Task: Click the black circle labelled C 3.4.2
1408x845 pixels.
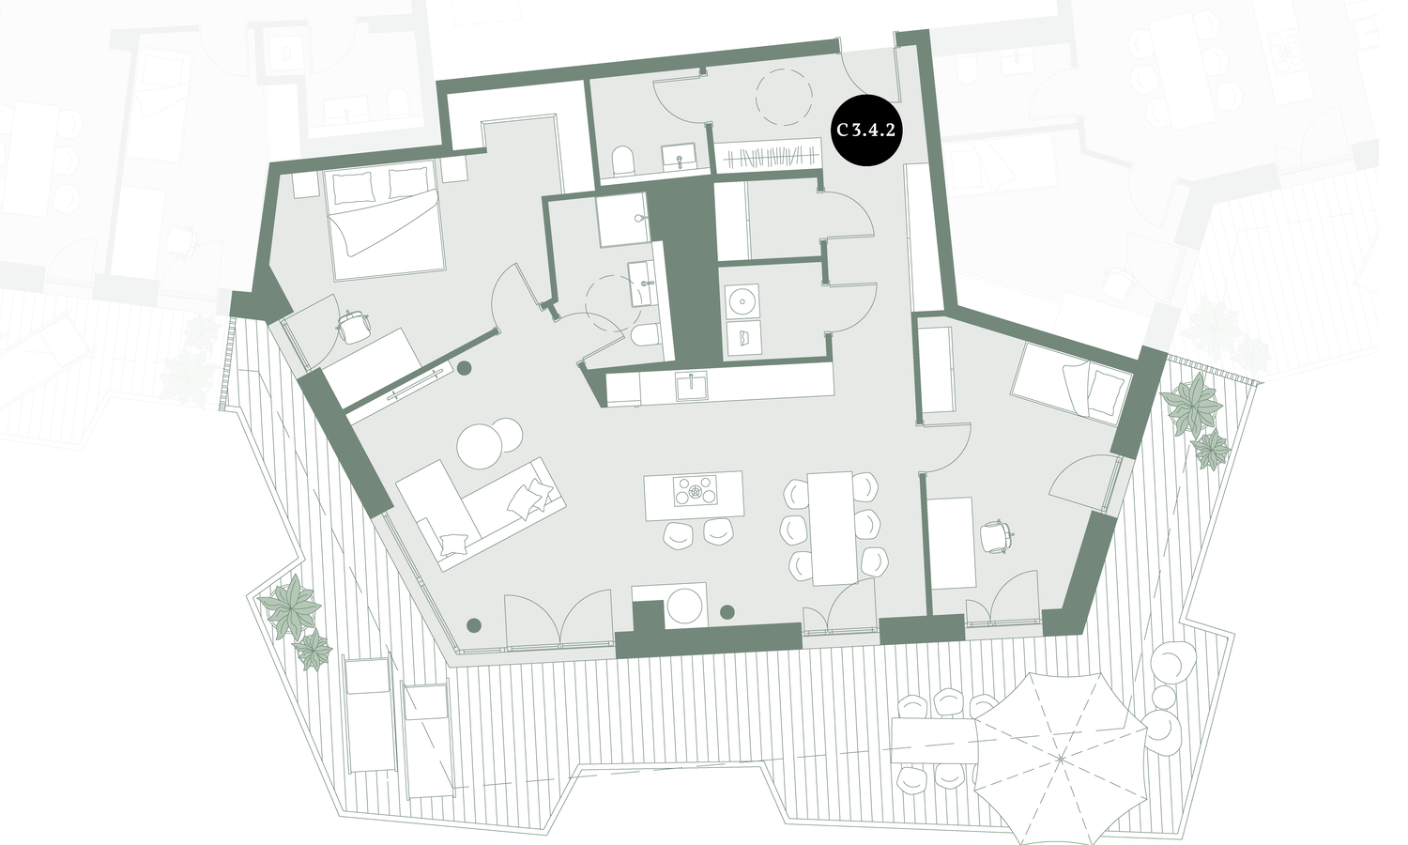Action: (865, 131)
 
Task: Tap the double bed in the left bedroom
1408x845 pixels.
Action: (384, 220)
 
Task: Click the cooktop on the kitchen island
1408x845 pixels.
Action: (695, 491)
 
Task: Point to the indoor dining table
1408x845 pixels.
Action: (833, 528)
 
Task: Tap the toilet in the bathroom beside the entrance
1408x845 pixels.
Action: (623, 161)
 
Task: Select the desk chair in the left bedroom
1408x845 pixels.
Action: (354, 326)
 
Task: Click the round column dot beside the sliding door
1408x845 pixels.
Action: (465, 368)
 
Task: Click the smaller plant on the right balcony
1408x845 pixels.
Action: (1211, 448)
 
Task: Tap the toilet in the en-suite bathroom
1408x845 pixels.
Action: (644, 336)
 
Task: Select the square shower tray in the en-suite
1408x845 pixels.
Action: (623, 220)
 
